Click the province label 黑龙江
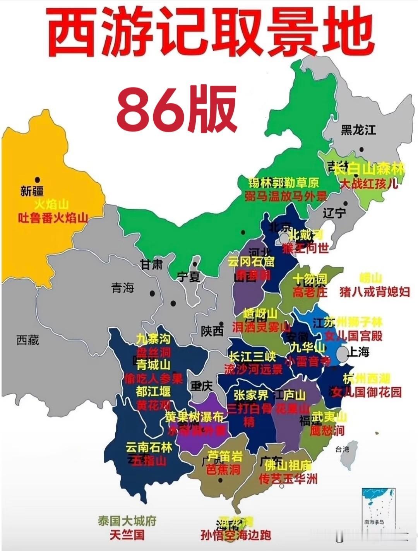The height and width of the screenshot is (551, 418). click(358, 130)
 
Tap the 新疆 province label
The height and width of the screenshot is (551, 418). click(32, 191)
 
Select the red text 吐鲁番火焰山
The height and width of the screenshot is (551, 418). click(53, 218)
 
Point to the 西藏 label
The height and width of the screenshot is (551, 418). click(27, 340)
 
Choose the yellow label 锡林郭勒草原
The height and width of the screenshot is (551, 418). click(283, 182)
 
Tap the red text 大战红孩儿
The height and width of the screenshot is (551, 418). click(369, 183)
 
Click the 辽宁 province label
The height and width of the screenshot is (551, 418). click(334, 212)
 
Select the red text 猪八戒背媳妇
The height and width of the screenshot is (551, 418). click(374, 291)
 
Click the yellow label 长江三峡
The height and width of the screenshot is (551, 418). click(252, 356)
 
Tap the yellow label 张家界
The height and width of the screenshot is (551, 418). click(251, 395)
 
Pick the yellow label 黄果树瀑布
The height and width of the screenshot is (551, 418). click(194, 417)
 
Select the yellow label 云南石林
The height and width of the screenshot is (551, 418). click(149, 448)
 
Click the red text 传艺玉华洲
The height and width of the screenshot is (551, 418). click(288, 479)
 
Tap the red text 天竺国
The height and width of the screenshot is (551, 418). click(127, 535)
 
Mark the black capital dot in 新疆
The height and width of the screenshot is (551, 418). click(38, 180)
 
